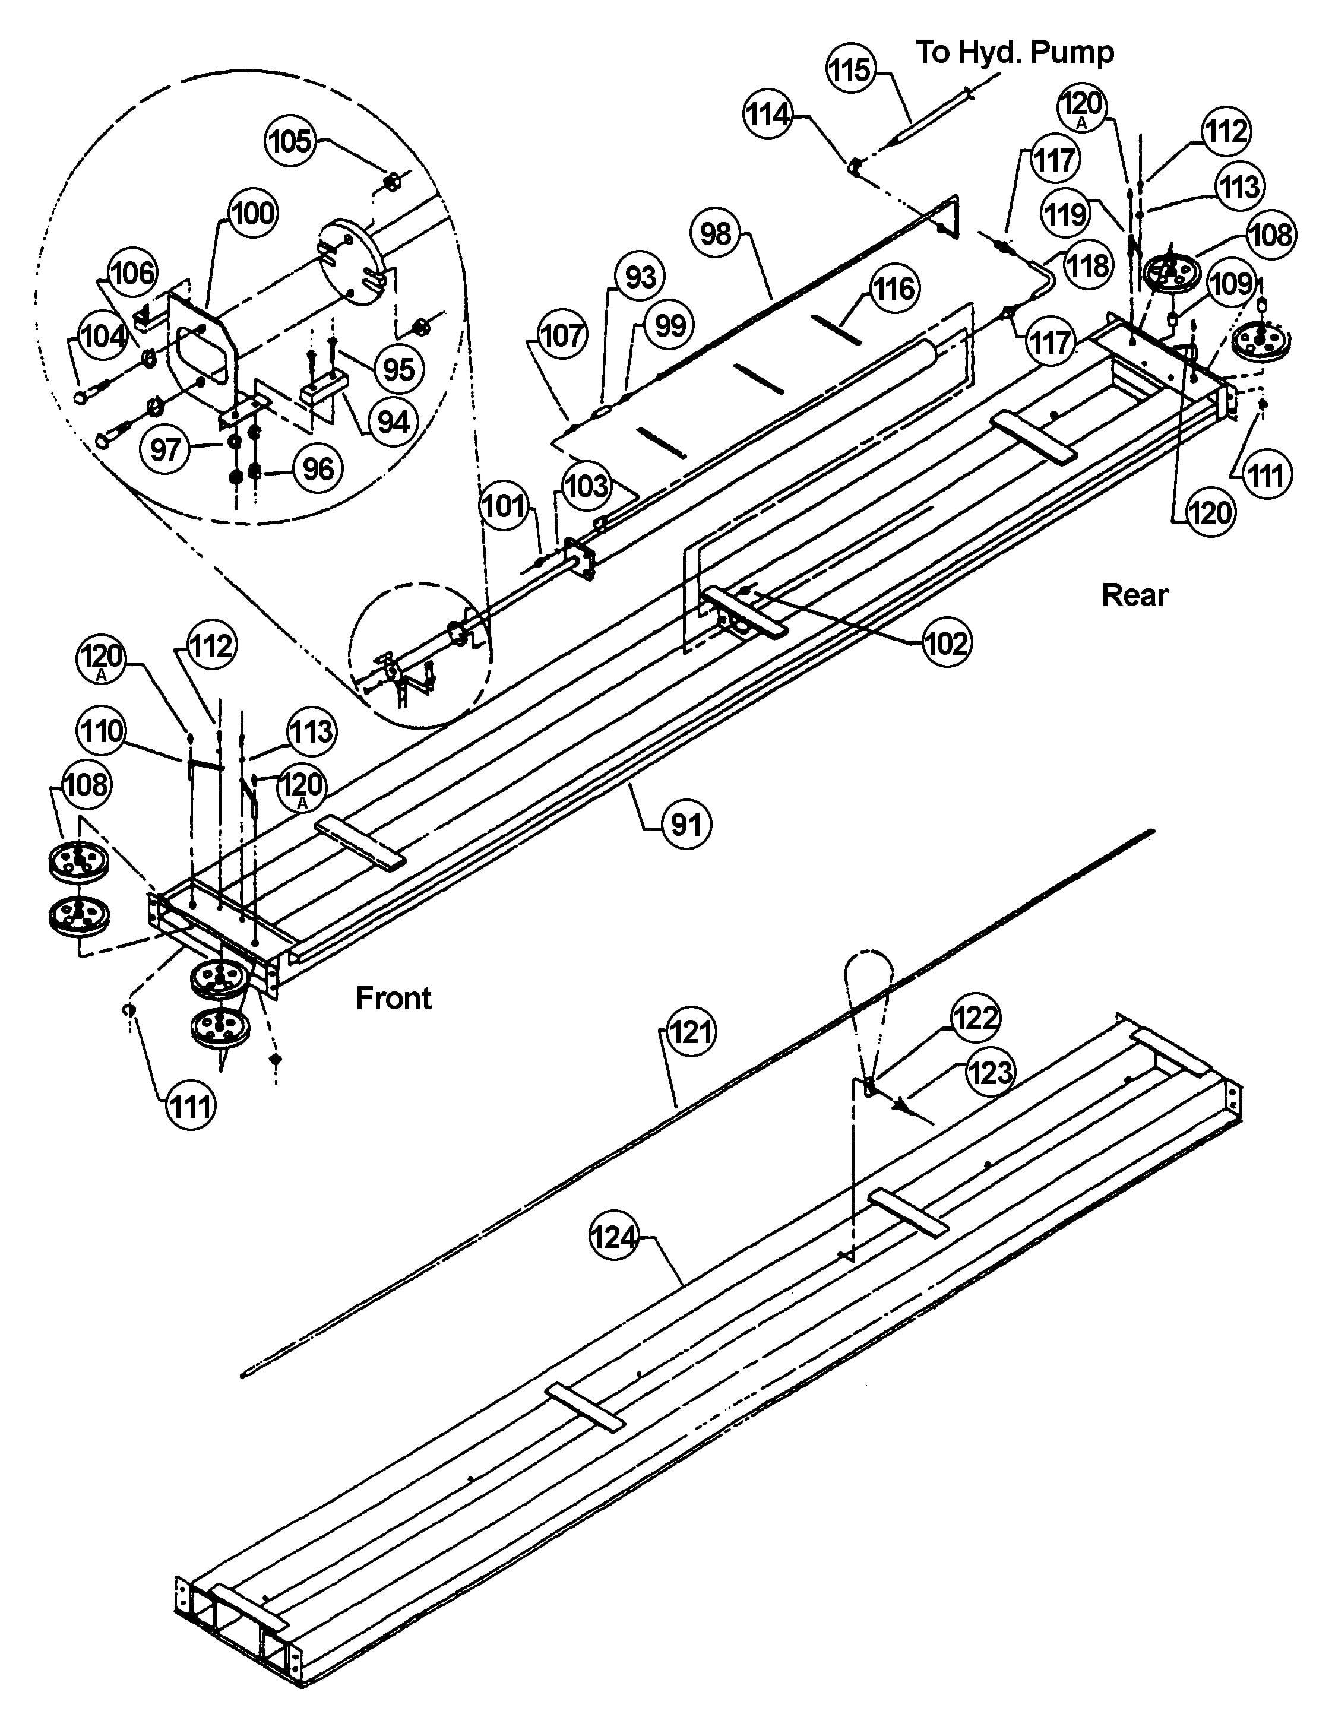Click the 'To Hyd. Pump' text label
pos(1015,52)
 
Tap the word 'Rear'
pos(1134,595)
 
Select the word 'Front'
pos(393,998)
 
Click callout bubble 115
pos(851,69)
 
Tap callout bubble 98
pos(716,234)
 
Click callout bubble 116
pos(894,289)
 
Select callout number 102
pos(946,644)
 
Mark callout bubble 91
pos(686,825)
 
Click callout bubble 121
pos(691,1032)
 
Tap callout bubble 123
pos(991,1073)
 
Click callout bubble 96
pos(318,469)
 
